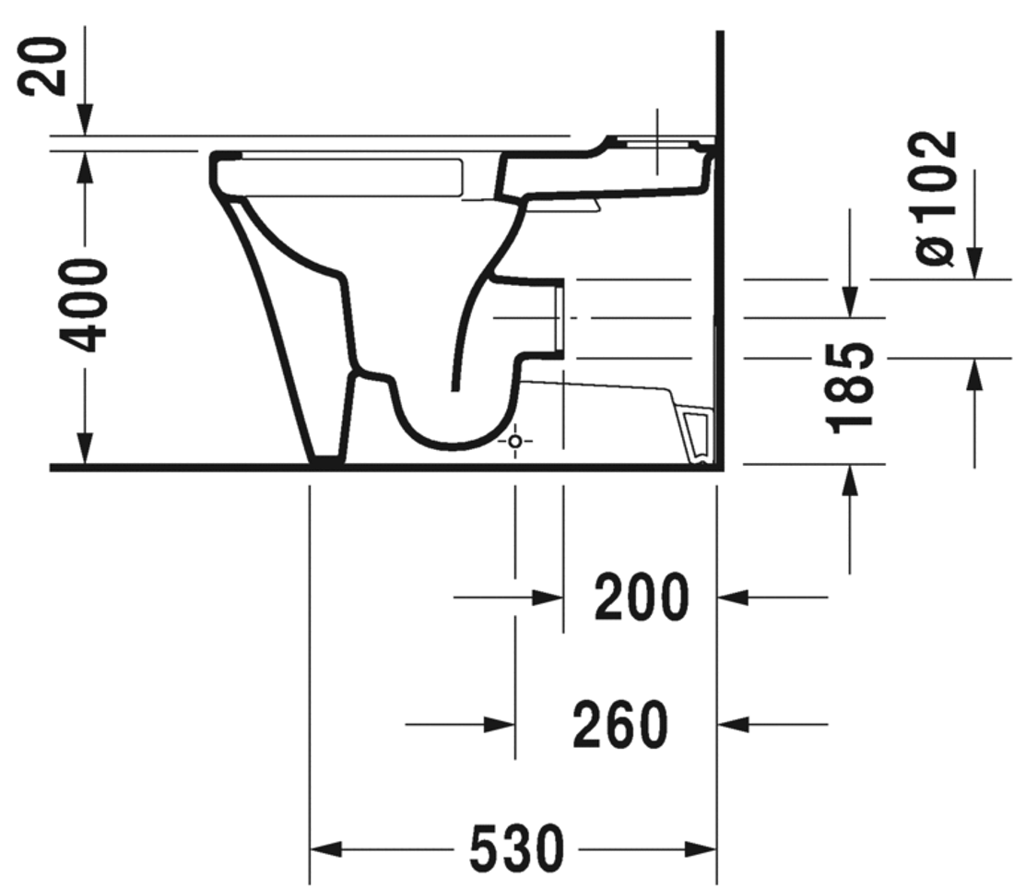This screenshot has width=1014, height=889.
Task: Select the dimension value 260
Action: [x=619, y=725]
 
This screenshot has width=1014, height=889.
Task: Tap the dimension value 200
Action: [x=641, y=598]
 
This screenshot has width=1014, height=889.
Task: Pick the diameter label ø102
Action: [x=937, y=198]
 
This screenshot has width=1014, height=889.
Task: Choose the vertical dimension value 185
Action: [x=850, y=386]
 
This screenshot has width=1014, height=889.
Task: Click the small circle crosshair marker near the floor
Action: [x=515, y=442]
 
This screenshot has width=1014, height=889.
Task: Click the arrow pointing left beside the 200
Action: [x=734, y=598]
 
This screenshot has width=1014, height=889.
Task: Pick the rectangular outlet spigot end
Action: [x=558, y=318]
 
